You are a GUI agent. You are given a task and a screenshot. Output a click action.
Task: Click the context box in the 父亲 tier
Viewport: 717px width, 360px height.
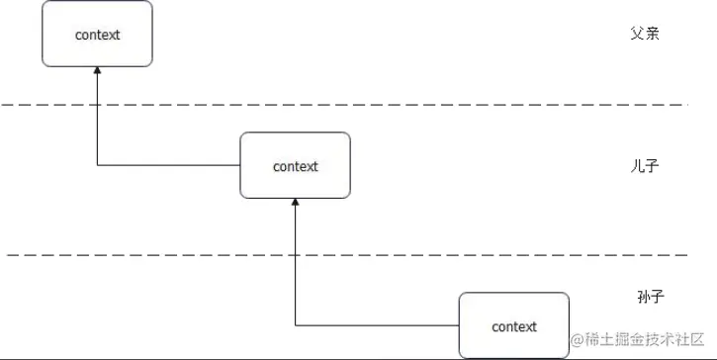coord(97,34)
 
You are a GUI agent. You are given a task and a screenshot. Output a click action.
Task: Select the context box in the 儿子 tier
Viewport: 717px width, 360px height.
coord(295,165)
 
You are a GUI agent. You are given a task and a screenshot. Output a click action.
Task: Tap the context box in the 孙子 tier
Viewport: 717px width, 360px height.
coord(513,325)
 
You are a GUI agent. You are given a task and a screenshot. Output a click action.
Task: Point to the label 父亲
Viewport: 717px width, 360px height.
coord(644,34)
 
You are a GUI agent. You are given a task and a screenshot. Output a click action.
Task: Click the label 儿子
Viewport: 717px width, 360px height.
coord(644,165)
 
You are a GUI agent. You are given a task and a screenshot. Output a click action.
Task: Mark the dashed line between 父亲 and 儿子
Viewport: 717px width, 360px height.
coord(346,104)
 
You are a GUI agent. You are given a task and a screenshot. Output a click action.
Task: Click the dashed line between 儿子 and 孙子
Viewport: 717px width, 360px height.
coord(346,255)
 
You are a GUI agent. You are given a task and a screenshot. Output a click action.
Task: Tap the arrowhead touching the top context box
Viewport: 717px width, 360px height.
coord(97,72)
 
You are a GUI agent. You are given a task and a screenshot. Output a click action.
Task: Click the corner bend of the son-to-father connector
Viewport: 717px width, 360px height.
coord(97,165)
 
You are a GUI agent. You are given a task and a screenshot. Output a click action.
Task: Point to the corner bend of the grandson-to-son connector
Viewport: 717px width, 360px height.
coord(295,325)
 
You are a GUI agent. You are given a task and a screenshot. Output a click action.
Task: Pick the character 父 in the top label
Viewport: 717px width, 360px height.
coord(637,34)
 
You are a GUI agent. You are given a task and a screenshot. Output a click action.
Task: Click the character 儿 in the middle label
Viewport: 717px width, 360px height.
coord(637,165)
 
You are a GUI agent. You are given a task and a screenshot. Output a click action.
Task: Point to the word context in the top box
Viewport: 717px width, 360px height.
coord(97,35)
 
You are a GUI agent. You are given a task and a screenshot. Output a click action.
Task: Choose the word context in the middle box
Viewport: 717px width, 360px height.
coord(295,166)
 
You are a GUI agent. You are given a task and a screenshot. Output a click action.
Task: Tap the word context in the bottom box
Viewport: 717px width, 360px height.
coord(513,326)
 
